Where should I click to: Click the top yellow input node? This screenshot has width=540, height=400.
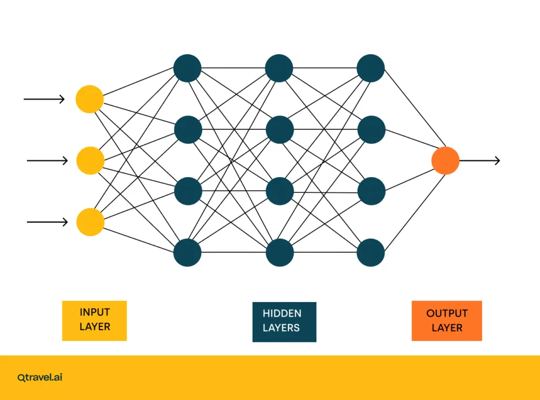click(90, 99)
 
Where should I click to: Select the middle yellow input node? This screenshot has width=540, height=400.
click(91, 161)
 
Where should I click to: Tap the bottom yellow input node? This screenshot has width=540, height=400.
click(91, 222)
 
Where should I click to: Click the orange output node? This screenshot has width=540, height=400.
click(446, 160)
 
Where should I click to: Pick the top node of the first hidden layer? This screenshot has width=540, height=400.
click(187, 69)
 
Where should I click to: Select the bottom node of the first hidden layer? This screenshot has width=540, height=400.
click(187, 252)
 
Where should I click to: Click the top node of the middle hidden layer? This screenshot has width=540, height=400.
click(279, 69)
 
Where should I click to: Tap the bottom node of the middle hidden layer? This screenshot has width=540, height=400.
click(279, 252)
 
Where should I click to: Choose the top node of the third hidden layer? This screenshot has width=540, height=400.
click(371, 69)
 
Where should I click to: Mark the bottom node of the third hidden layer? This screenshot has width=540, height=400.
click(371, 252)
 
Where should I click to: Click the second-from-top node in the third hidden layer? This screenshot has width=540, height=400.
click(371, 130)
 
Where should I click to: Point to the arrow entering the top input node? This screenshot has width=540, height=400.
click(44, 99)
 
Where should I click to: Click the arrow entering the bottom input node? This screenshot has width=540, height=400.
click(47, 222)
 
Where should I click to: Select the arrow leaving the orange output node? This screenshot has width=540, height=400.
click(480, 160)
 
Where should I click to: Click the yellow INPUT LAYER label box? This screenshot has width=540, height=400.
click(94, 320)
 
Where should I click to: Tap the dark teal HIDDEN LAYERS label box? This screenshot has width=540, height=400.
click(284, 321)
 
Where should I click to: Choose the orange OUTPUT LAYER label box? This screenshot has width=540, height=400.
click(447, 320)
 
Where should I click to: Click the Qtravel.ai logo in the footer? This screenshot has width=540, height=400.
click(40, 377)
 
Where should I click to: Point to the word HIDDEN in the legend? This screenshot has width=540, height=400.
click(282, 314)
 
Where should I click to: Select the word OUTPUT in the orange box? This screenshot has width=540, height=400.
click(447, 313)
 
